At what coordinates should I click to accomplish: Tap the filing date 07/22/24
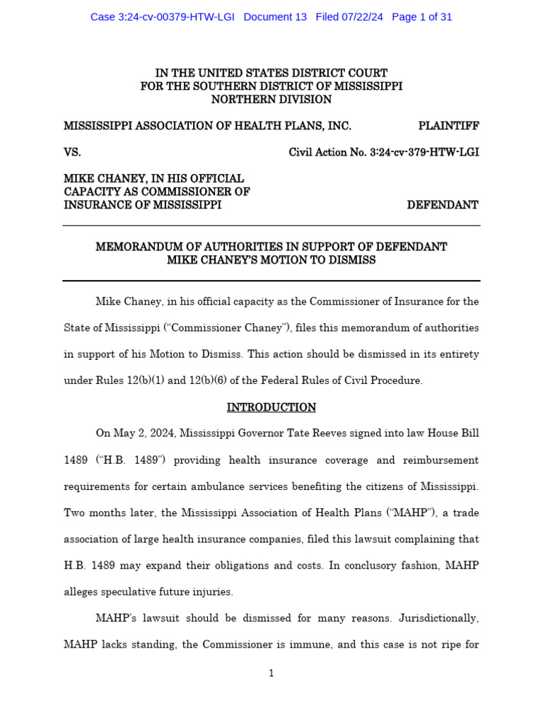359,17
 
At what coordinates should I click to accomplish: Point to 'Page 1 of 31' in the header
421,17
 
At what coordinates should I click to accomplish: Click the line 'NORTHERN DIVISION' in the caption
271,100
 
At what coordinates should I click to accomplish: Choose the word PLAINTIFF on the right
448,126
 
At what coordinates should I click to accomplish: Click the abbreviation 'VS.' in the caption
73,152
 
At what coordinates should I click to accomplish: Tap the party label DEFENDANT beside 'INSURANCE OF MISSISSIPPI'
443,205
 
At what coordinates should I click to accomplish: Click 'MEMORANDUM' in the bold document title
141,247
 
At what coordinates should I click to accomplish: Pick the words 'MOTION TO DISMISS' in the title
329,260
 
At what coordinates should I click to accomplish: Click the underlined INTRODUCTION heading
271,407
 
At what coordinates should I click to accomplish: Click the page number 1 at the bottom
271,673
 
